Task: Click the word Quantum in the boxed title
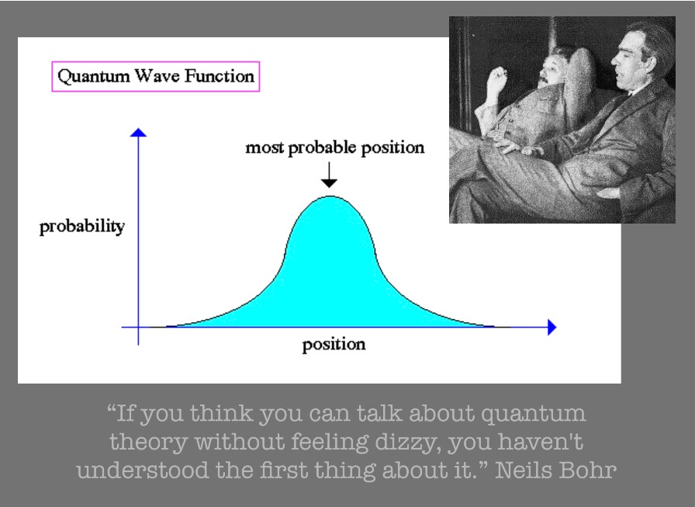(94, 76)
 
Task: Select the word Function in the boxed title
(220, 76)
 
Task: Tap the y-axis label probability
(82, 227)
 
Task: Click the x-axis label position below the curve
(334, 345)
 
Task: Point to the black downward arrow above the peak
(329, 175)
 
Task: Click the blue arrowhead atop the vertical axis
(138, 132)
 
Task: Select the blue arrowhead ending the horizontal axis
(552, 328)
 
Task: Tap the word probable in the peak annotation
(322, 148)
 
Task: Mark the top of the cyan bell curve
(330, 196)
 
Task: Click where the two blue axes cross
(138, 328)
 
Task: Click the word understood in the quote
(142, 471)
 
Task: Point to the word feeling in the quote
(330, 443)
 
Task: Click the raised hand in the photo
(497, 80)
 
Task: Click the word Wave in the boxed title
(157, 76)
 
